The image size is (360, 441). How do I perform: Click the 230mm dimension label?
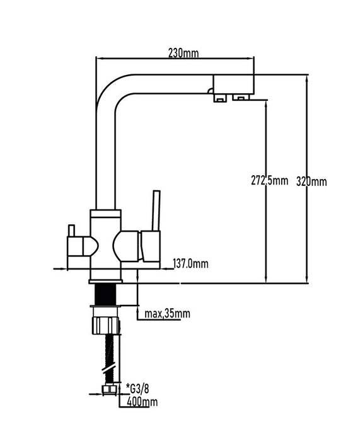(x=183, y=53)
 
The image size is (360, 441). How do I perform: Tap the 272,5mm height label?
(x=269, y=180)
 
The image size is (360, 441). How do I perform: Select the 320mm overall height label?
(x=311, y=181)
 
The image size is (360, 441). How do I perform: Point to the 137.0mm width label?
(x=190, y=263)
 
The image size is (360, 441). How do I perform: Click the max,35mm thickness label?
(x=167, y=313)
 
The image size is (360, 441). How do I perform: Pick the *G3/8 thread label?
(x=137, y=389)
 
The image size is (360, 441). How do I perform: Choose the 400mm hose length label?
(x=142, y=402)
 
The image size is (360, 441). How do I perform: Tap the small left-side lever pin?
(x=71, y=231)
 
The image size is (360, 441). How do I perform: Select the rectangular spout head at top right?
(x=234, y=84)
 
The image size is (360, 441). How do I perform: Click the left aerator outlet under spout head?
(x=221, y=98)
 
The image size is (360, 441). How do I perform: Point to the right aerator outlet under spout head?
(x=241, y=97)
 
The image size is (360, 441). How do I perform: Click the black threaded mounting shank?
(x=105, y=294)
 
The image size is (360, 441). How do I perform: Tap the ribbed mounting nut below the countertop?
(x=106, y=326)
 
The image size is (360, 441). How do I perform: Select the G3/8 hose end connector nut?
(x=109, y=389)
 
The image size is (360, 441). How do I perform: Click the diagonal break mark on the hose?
(x=109, y=369)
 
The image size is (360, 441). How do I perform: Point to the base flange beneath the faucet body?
(x=105, y=282)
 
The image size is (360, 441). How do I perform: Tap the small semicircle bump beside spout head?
(x=210, y=91)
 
